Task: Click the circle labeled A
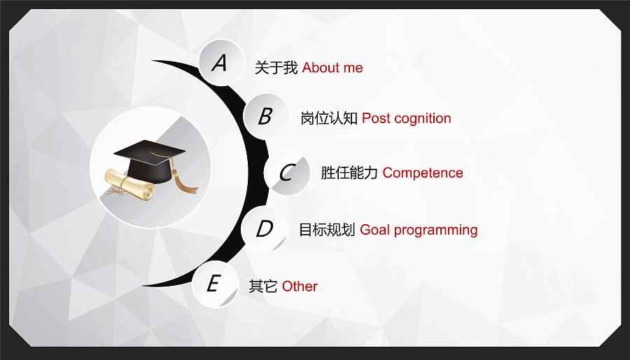pos(221,62)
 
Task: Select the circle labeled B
pos(267,116)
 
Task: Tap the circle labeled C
pos(287,172)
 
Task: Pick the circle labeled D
pos(265,228)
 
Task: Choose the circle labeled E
pos(216,284)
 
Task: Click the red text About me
pos(332,68)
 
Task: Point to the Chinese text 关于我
pos(276,68)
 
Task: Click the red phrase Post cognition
pos(406,119)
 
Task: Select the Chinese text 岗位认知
pos(329,118)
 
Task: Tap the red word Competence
pos(423,173)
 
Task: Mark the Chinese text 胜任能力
pos(349,173)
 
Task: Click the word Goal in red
pos(375,230)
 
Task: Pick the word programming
pos(435,230)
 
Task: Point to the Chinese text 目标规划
pos(327,230)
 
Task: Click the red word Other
pos(300,286)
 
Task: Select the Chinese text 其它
pos(263,286)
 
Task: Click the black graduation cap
pos(149,160)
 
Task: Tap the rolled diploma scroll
pos(129,184)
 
